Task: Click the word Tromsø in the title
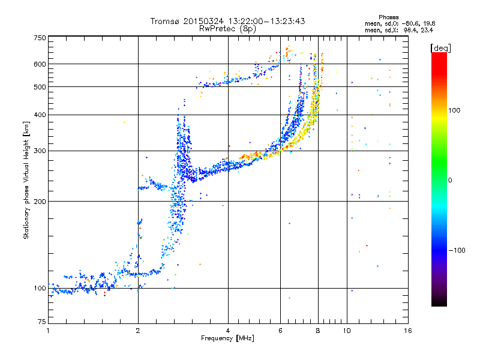pyautogui.click(x=166, y=21)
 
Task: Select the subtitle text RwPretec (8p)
pyautogui.click(x=227, y=29)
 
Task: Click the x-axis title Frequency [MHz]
pyautogui.click(x=227, y=338)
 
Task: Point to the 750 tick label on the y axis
pyautogui.click(x=40, y=38)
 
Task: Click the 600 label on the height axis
pyautogui.click(x=40, y=64)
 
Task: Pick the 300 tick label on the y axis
pyautogui.click(x=40, y=151)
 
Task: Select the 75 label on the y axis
pyautogui.click(x=42, y=322)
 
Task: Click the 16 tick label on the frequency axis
pyautogui.click(x=408, y=331)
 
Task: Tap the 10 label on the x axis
pyautogui.click(x=347, y=331)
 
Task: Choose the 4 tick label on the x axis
pyautogui.click(x=228, y=331)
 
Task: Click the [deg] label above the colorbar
pyautogui.click(x=440, y=48)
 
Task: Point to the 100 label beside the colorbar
pyautogui.click(x=454, y=110)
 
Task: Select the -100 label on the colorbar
pyautogui.click(x=457, y=250)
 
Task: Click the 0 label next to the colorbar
pyautogui.click(x=450, y=181)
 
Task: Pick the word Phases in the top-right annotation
pyautogui.click(x=388, y=17)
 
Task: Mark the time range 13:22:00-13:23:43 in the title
pyautogui.click(x=266, y=21)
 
